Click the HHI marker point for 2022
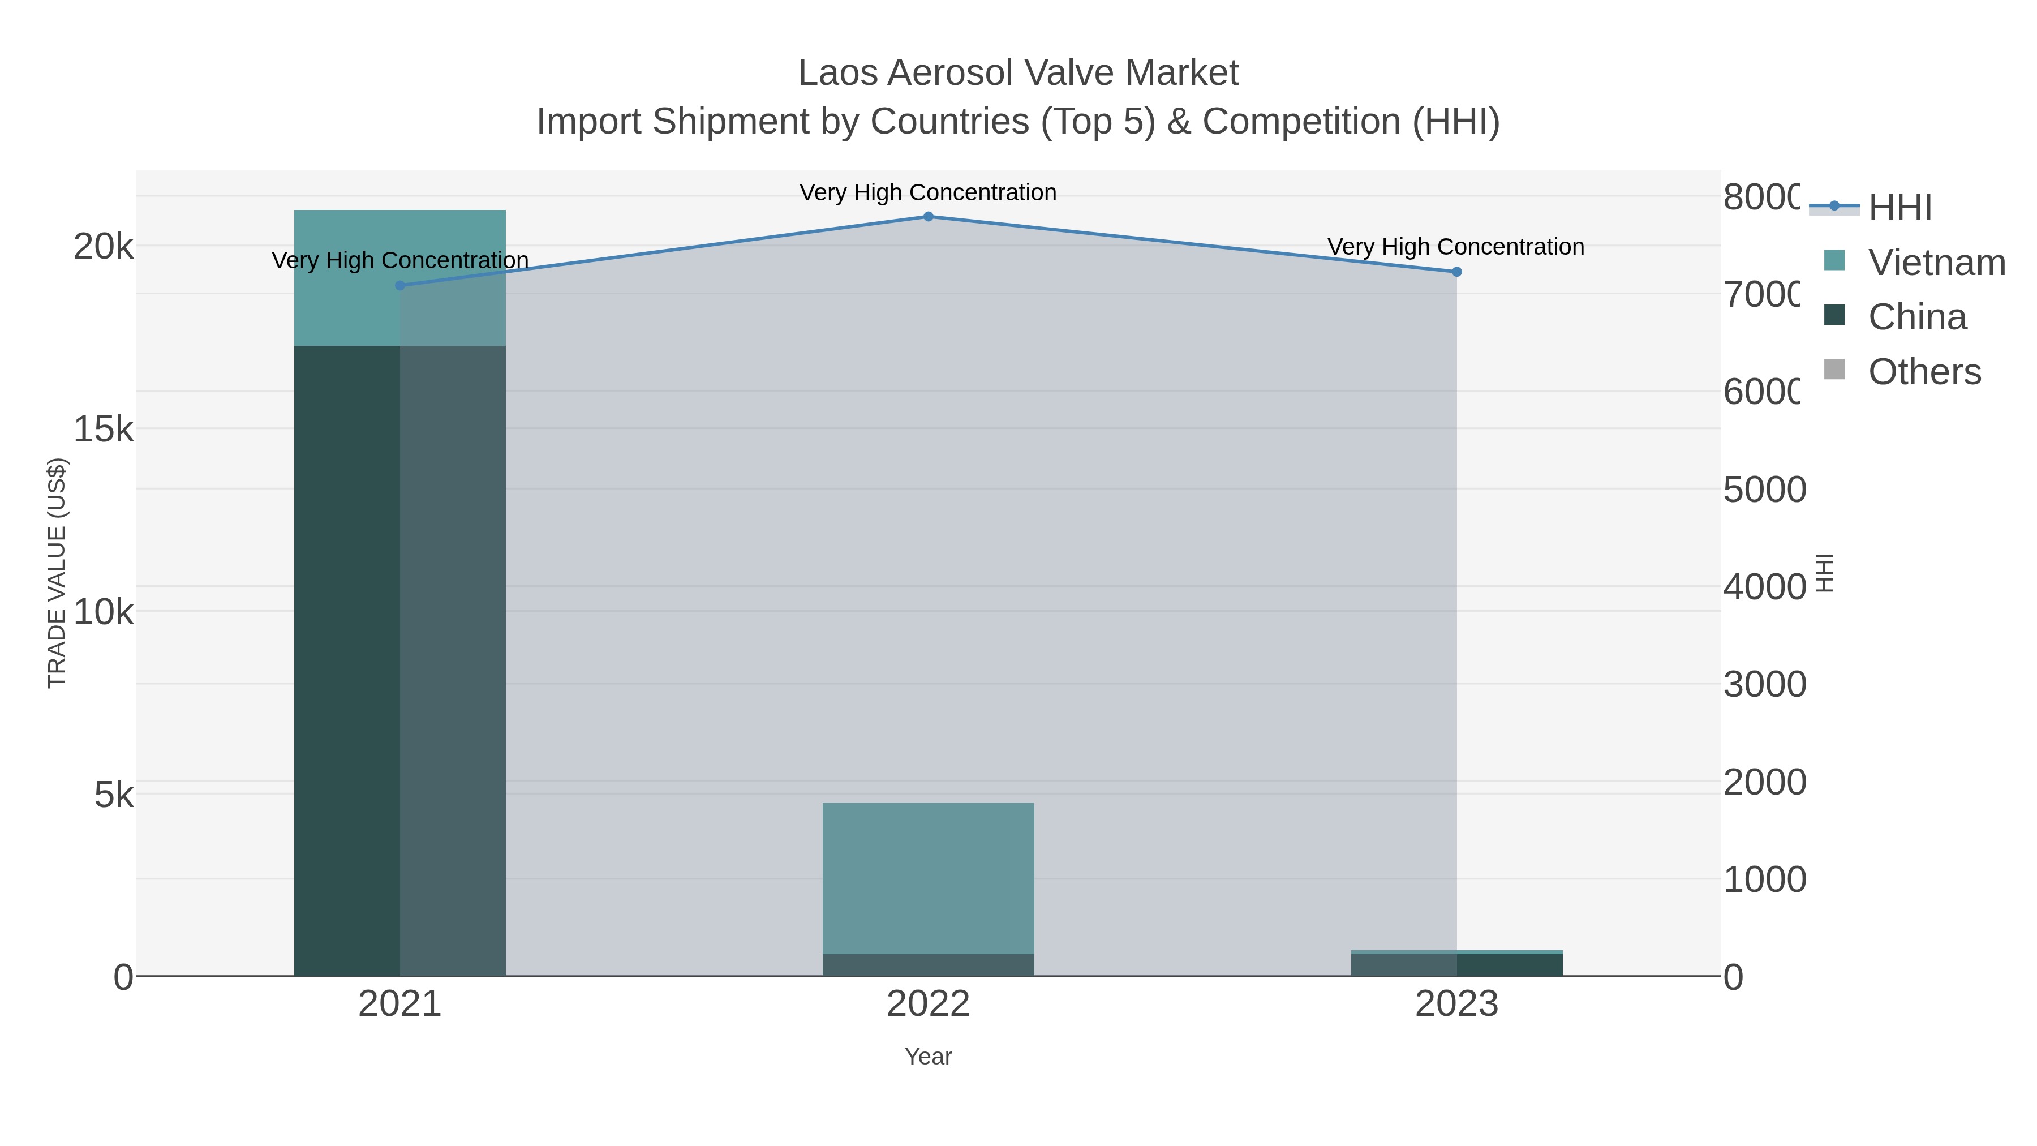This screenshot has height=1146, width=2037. pyautogui.click(x=929, y=217)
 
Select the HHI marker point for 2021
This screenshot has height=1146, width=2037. pyautogui.click(x=400, y=286)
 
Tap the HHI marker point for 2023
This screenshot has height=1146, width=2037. pyautogui.click(x=1456, y=272)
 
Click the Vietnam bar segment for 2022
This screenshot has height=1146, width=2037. pyautogui.click(x=929, y=878)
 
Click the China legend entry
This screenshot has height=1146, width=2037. pyautogui.click(x=1917, y=317)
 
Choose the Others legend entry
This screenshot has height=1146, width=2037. pyautogui.click(x=1923, y=372)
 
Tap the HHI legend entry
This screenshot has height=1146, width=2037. pyautogui.click(x=1900, y=208)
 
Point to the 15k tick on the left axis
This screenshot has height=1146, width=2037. pyautogui.click(x=104, y=430)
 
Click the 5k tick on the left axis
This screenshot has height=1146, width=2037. pyautogui.click(x=114, y=795)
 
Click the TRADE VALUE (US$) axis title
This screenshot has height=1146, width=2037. pyautogui.click(x=57, y=573)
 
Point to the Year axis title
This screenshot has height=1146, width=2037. pyautogui.click(x=929, y=1057)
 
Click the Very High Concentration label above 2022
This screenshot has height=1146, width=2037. pyautogui.click(x=929, y=192)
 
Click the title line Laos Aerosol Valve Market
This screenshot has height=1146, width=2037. pyautogui.click(x=1018, y=73)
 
